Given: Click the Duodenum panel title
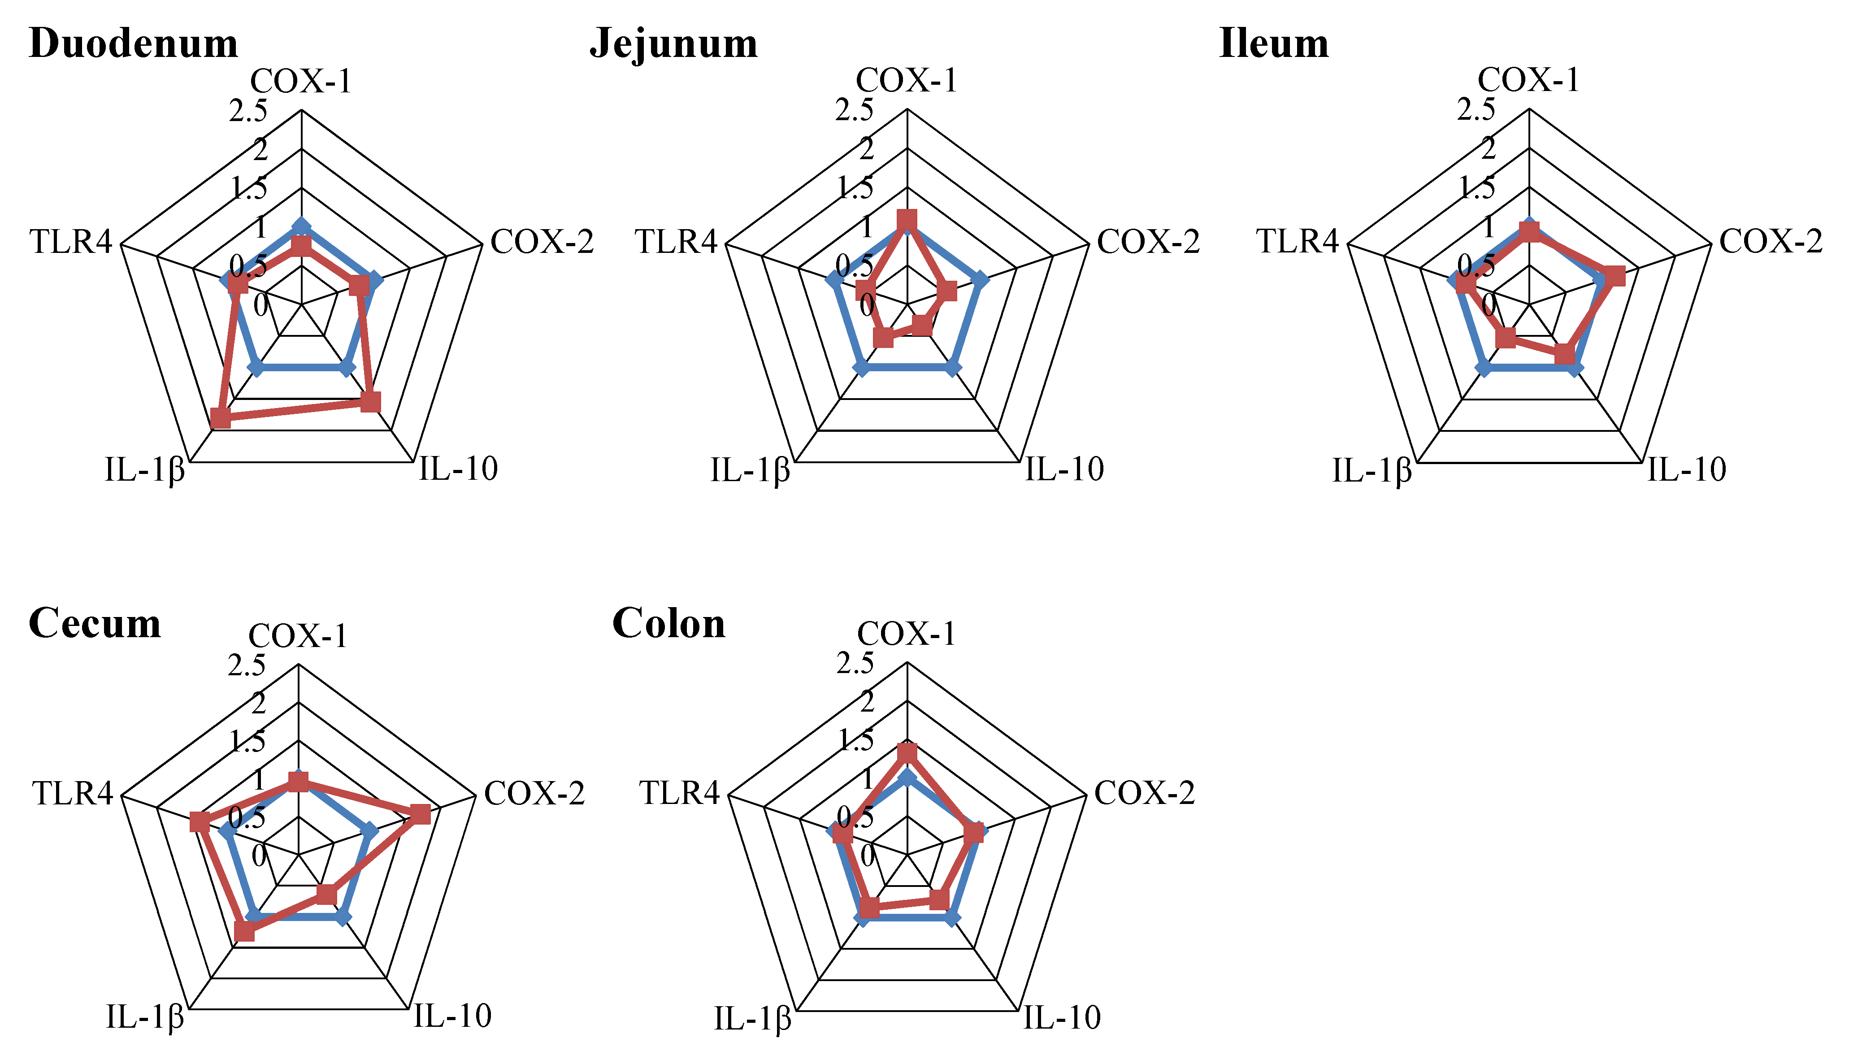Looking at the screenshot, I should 134,43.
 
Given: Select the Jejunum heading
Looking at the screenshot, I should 673,43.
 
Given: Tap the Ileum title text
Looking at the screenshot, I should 1274,43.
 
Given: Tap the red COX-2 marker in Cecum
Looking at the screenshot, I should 421,814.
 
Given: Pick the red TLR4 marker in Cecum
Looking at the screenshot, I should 200,821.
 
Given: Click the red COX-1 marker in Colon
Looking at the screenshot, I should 907,753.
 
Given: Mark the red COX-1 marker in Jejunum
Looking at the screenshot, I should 907,219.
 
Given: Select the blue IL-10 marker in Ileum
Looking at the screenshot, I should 1574,367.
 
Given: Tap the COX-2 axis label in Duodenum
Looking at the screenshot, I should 542,242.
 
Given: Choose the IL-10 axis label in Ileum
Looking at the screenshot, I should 1687,469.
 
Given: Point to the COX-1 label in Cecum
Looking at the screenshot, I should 298,636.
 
